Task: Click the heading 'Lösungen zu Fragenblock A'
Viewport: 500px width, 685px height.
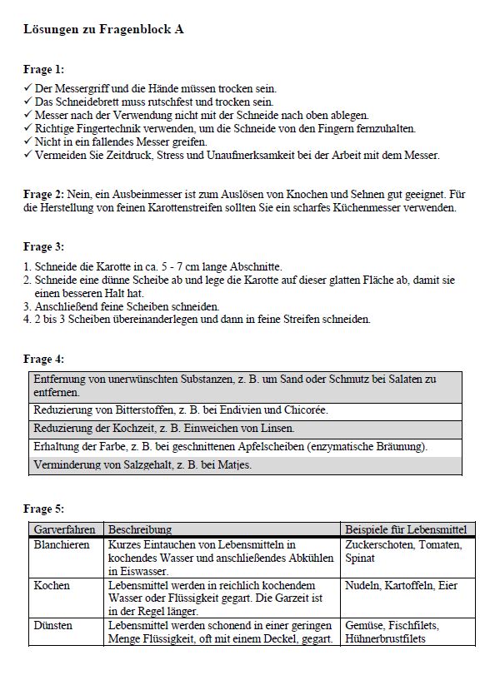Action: click(103, 29)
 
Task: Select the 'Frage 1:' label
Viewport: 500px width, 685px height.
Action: click(43, 70)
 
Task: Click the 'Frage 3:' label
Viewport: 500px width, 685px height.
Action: click(43, 247)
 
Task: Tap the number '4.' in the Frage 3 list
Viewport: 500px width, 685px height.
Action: click(28, 319)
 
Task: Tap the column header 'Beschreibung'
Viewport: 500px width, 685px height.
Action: click(140, 529)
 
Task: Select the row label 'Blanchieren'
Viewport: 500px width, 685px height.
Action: click(62, 544)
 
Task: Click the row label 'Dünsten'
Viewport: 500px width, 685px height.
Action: click(52, 625)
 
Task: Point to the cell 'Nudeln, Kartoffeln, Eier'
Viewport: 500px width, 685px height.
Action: click(401, 585)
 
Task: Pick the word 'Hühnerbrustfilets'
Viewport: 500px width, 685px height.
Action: click(386, 638)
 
